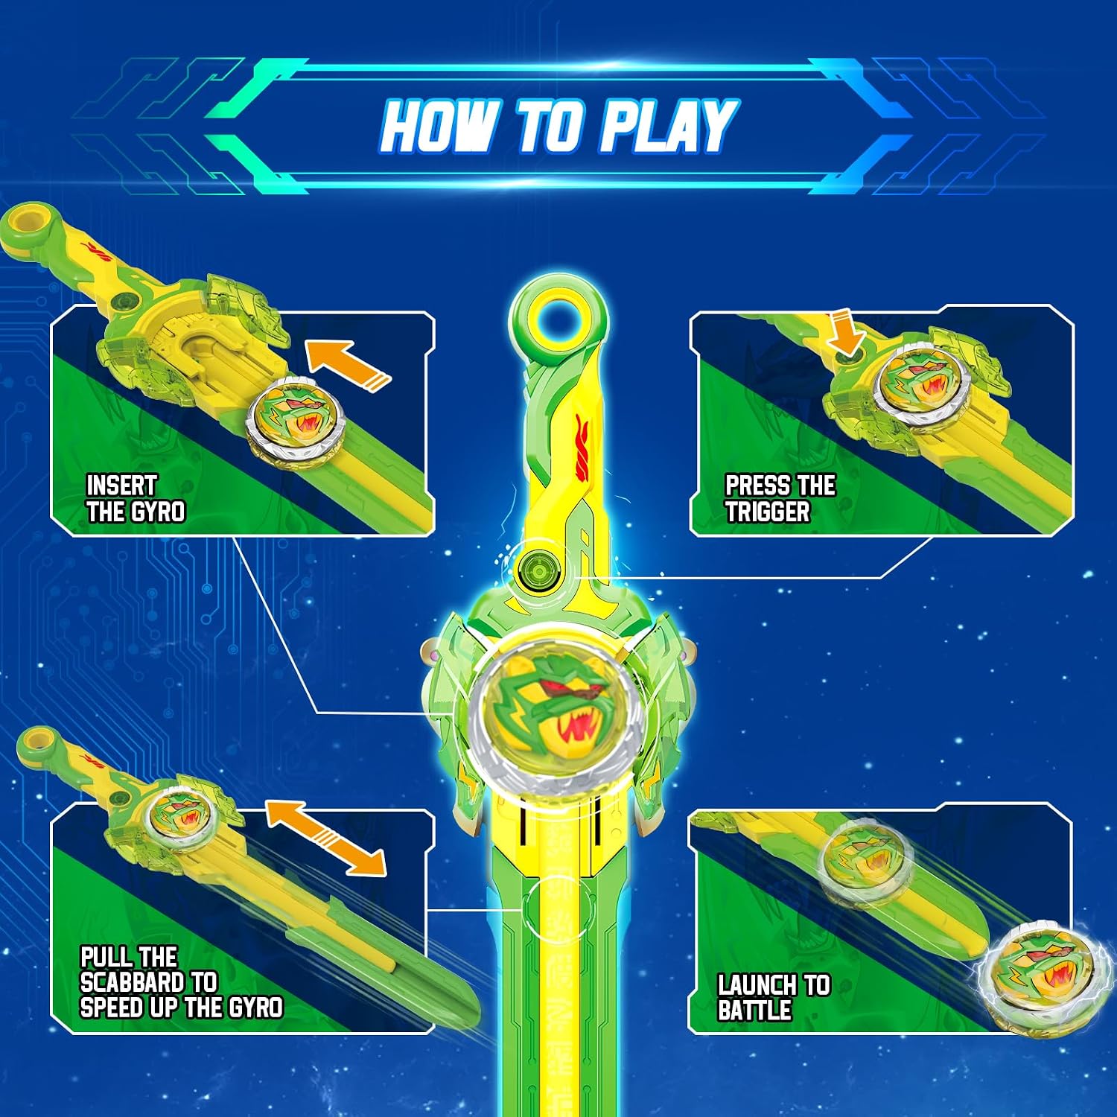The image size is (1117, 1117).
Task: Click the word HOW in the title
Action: [439, 126]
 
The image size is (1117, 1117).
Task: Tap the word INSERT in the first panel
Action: [121, 486]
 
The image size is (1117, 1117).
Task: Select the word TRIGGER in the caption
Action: [767, 512]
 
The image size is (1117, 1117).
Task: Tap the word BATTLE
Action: [754, 1011]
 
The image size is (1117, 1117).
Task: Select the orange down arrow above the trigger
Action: [846, 333]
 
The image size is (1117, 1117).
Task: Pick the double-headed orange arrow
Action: [325, 837]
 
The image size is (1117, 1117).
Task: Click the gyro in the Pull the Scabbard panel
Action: [179, 815]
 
